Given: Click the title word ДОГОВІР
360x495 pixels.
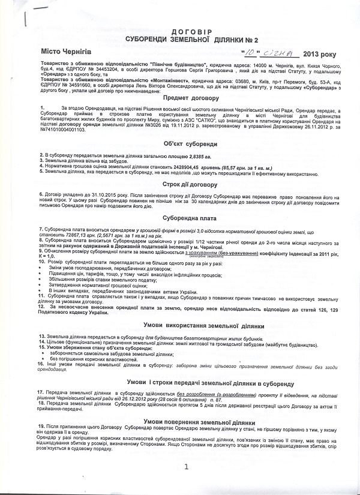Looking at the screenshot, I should (x=180, y=29).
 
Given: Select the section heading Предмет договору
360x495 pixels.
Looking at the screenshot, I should (x=181, y=98).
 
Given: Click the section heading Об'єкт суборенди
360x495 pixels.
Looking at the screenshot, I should (x=181, y=145).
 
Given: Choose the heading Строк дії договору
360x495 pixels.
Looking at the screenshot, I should (x=181, y=185).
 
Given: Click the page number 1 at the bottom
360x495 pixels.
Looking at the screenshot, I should (x=187, y=466).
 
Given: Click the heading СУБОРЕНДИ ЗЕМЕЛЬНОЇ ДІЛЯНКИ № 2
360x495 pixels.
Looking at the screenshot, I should (x=181, y=38).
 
